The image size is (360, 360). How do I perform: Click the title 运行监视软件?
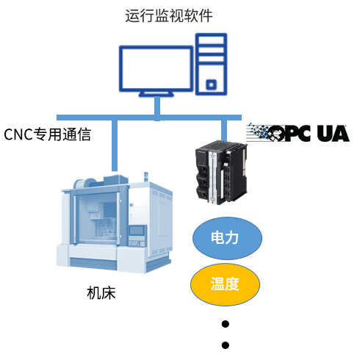pos(169,16)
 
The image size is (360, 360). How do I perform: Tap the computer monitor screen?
pos(156,69)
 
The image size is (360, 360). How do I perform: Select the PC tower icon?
pos(211,64)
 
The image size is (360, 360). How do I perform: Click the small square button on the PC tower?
pos(211,84)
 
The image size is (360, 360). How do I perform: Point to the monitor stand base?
pos(156,94)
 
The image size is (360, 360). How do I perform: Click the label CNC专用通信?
pos(47,134)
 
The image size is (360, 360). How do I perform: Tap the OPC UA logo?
pos(298,133)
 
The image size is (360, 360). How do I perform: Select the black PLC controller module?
pos(221,172)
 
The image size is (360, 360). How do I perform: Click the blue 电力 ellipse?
pos(227,238)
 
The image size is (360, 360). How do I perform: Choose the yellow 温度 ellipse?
pos(225,284)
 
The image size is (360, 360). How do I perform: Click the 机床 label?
pos(101,293)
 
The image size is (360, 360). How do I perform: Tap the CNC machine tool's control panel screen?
pos(137,231)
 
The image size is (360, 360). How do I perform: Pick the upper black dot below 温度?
pos(226,324)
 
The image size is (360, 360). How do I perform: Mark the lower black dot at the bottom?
pos(226,345)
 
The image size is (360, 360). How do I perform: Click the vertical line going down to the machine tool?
pos(115,145)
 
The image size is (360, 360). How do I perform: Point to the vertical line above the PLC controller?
pos(224,131)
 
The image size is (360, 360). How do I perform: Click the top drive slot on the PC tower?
pos(211,40)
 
